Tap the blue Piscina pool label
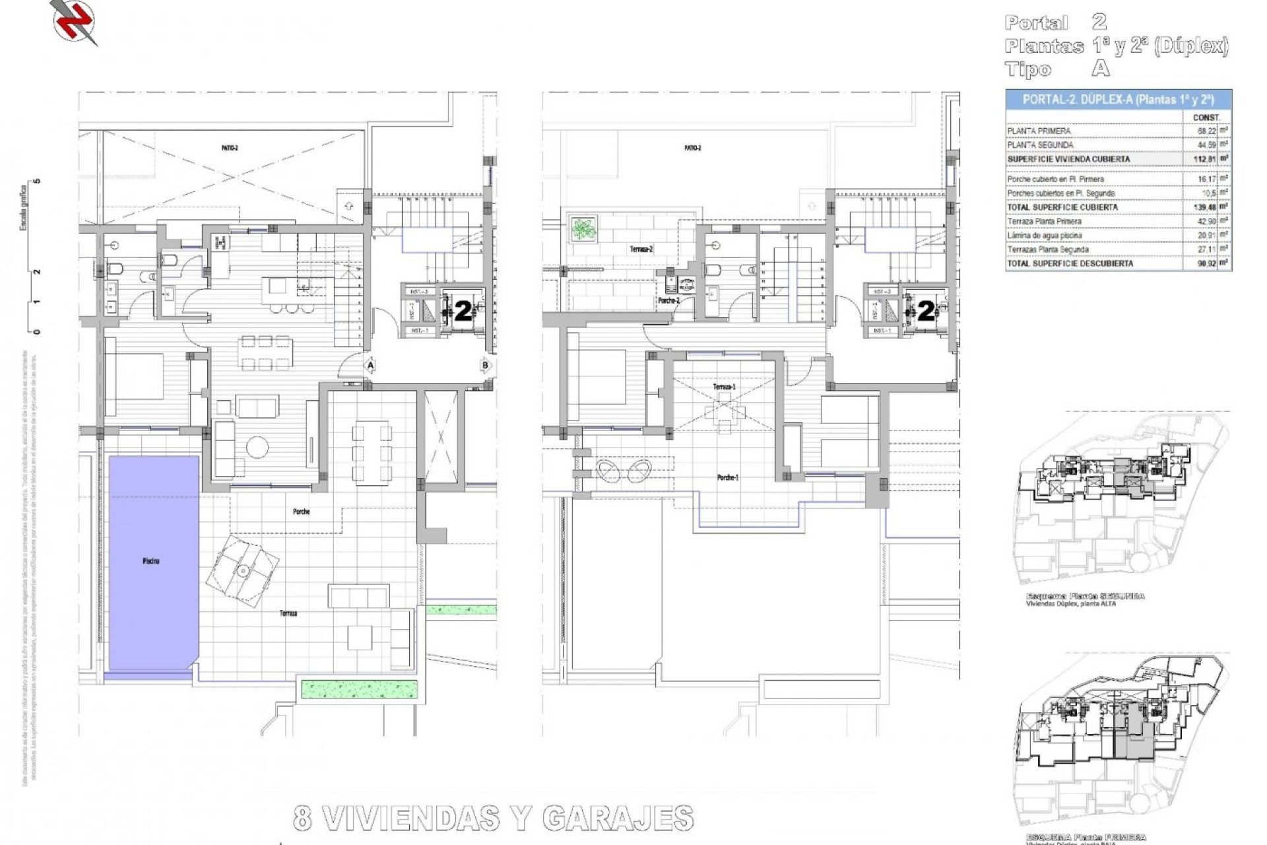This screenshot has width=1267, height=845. (150, 561)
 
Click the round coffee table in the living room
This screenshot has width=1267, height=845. (256, 448)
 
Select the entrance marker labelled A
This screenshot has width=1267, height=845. (371, 365)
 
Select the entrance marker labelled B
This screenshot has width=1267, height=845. (485, 365)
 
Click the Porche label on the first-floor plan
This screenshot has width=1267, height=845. (301, 512)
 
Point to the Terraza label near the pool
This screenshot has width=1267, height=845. (288, 613)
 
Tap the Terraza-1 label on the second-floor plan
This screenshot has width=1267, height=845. (724, 387)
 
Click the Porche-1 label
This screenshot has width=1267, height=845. (727, 477)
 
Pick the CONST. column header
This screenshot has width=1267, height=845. (1206, 118)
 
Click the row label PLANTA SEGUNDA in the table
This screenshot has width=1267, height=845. (1040, 145)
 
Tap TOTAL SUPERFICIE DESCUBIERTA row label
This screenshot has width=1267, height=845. (1070, 263)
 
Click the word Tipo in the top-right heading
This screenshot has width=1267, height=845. (1028, 69)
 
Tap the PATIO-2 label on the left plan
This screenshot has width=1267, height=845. (230, 149)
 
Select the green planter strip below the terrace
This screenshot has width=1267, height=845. (360, 689)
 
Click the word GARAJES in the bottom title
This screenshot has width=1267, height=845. (618, 819)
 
